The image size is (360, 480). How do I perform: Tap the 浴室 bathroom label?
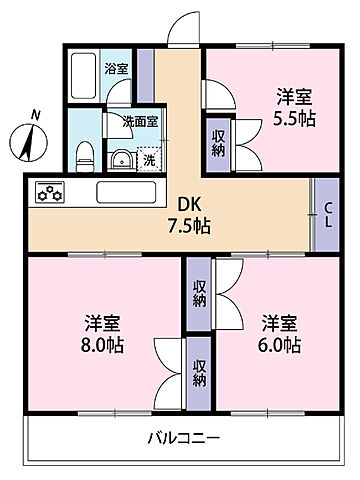click(117, 69)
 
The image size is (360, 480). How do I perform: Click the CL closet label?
click(326, 212)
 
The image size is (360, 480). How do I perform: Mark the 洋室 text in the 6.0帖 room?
click(280, 322)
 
